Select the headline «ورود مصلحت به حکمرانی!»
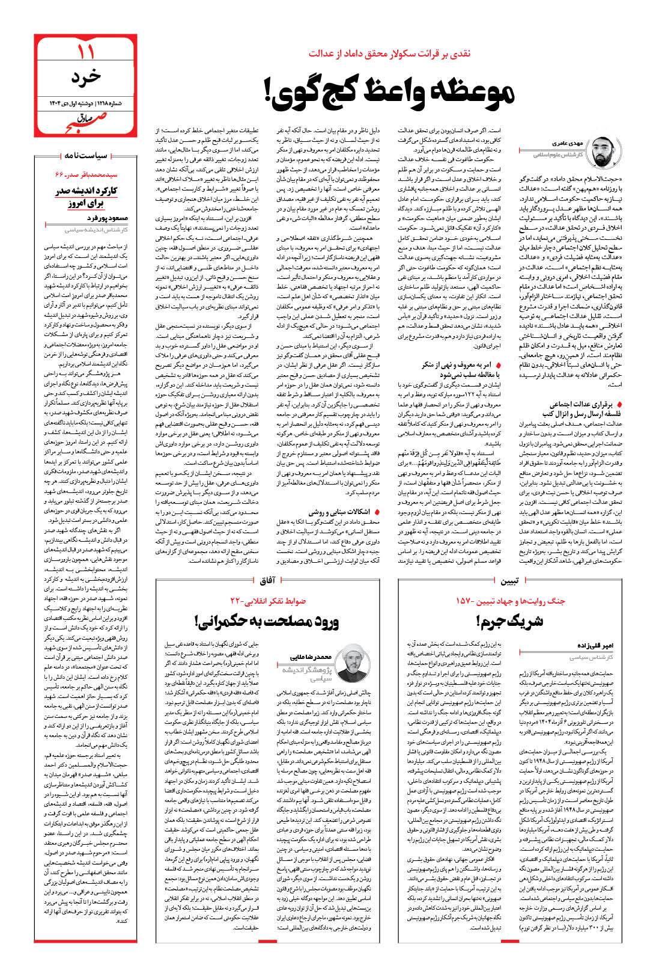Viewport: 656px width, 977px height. [x=267, y=621]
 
